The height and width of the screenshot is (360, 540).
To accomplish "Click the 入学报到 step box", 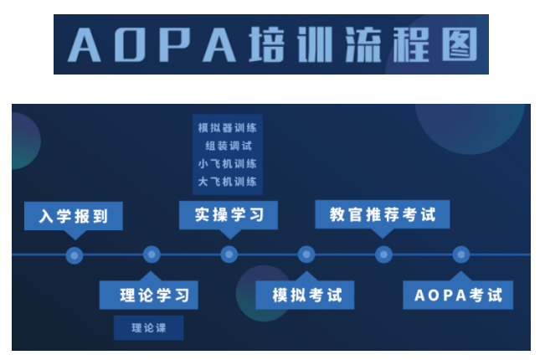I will point(74,216).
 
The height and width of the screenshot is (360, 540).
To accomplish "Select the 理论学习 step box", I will point(148,295).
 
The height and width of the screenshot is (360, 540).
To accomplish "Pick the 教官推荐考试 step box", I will point(382,214).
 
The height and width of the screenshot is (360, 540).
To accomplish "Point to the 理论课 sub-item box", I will point(148,327).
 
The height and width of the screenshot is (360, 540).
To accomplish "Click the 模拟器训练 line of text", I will point(228,128).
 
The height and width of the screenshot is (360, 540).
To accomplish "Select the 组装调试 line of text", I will point(228,146).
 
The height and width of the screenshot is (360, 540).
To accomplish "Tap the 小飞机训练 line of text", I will point(228,163).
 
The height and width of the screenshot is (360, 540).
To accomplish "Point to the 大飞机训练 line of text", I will point(228,181).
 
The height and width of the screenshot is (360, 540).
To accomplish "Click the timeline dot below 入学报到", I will point(75,255).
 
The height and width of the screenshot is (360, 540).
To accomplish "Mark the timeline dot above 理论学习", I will point(152,255).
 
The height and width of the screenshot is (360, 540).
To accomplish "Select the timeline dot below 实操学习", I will point(229,255).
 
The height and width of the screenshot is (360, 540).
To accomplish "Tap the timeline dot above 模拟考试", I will point(306,255).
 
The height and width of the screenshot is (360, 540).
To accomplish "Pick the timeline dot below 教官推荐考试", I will point(383,255).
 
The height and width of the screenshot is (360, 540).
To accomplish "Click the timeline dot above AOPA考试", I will point(460,255).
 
